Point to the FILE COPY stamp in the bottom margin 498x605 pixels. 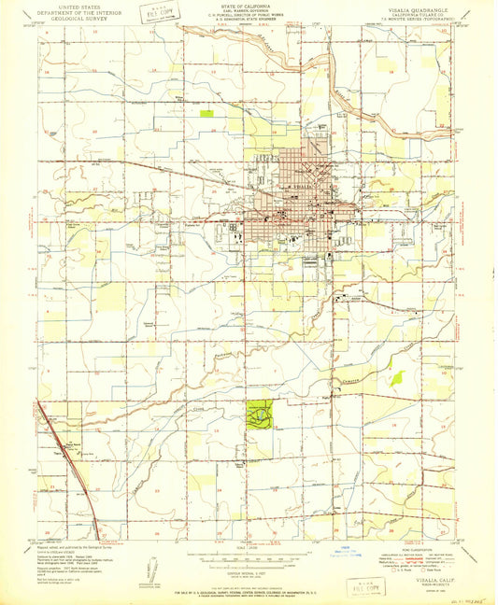(x=365, y=586)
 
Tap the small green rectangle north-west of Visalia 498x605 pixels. (x=206, y=113)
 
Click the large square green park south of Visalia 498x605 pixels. (x=260, y=412)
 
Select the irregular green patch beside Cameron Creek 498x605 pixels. (x=396, y=378)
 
